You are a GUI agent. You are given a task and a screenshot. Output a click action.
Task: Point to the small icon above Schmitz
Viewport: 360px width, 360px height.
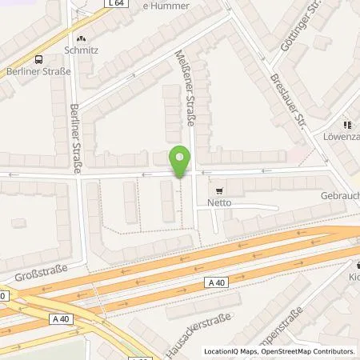(80, 37)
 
